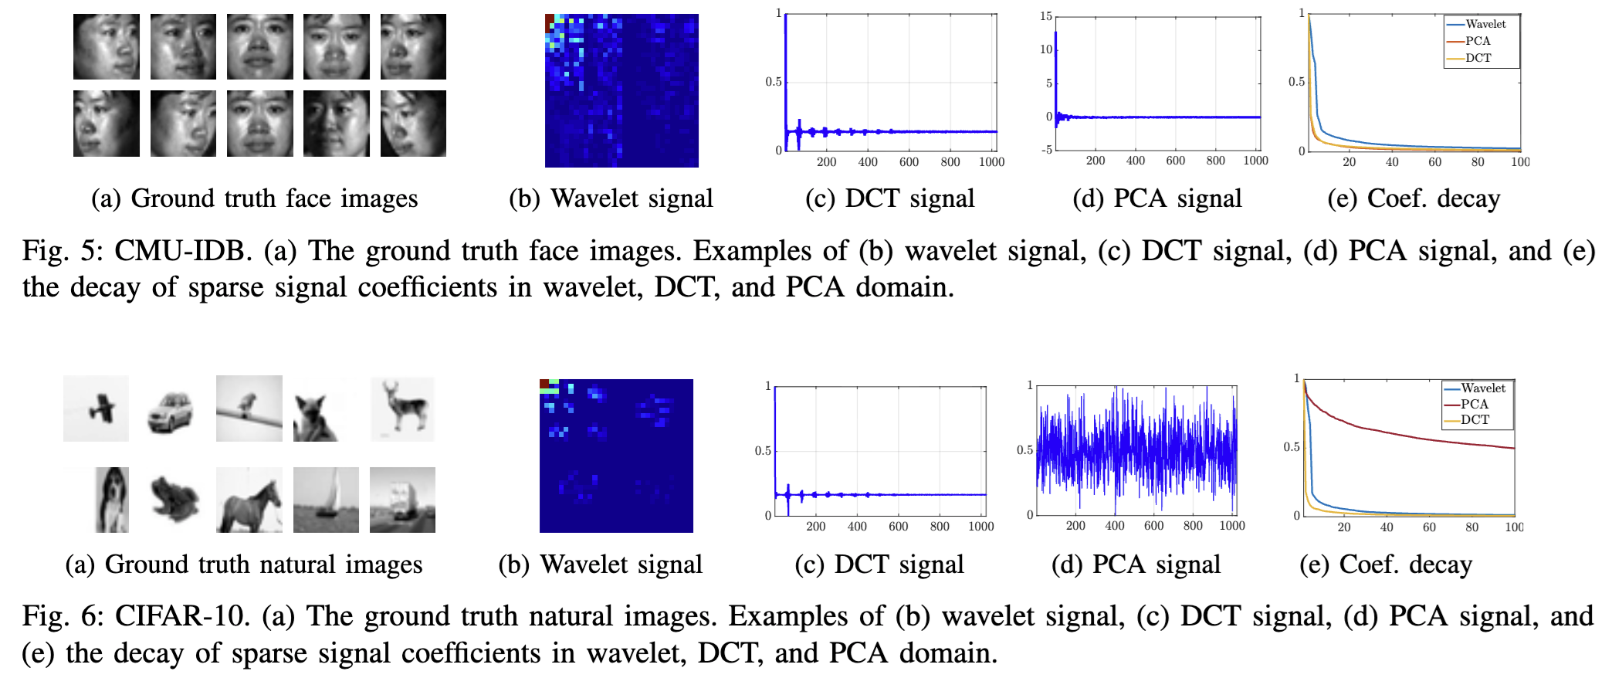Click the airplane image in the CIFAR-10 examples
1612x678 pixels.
click(x=97, y=408)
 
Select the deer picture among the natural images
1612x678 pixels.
click(x=402, y=408)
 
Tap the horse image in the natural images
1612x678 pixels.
click(x=249, y=500)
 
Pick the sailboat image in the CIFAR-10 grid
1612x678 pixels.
click(x=326, y=500)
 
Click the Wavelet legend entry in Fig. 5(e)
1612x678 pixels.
click(x=1485, y=25)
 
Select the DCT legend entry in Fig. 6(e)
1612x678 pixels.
click(x=1475, y=420)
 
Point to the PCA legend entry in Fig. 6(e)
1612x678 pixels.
click(x=1474, y=404)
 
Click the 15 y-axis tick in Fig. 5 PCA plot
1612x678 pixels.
click(x=1046, y=16)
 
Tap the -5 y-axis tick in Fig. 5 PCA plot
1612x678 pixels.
click(x=1047, y=150)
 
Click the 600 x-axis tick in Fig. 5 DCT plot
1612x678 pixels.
click(x=909, y=162)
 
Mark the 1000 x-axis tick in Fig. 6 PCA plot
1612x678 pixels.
click(x=1232, y=526)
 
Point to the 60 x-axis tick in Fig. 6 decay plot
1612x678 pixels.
click(x=1429, y=527)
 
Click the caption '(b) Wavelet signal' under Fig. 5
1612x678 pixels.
click(x=611, y=198)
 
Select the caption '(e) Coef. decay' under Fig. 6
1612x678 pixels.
click(x=1386, y=564)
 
